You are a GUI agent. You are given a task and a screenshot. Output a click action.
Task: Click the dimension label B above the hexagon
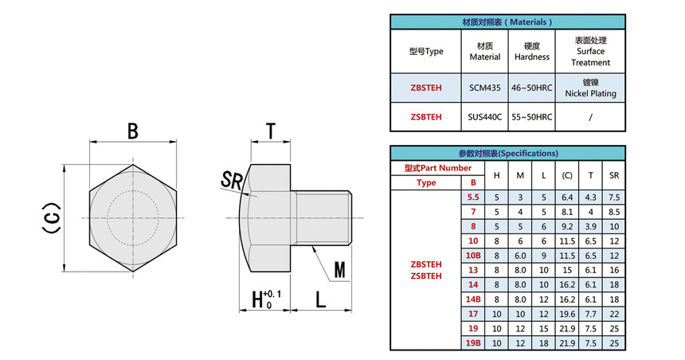pos(134,131)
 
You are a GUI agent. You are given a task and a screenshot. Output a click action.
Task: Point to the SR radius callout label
pos(232,180)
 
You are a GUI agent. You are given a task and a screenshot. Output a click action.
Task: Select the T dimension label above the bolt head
pos(271,131)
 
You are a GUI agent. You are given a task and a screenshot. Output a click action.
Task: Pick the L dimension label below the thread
pos(320,301)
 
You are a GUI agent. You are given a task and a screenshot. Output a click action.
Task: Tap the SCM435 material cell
pos(484,88)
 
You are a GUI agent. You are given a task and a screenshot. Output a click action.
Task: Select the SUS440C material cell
pos(484,117)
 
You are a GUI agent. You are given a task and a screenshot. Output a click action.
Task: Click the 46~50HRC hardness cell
pos(532,88)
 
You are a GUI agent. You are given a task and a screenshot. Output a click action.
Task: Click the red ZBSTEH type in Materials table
pos(426,88)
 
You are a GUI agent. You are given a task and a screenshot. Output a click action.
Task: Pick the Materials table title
pos(507,22)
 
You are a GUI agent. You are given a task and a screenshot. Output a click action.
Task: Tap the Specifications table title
pos(507,153)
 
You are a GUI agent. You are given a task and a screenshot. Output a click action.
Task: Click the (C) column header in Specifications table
pos(567,175)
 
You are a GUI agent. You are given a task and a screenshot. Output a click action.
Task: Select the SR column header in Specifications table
pos(613,175)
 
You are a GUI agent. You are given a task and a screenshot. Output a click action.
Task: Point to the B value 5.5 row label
pos(473,197)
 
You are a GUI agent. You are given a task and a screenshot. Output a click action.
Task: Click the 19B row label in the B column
pos(473,342)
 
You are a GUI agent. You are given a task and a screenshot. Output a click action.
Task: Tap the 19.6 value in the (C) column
pos(567,314)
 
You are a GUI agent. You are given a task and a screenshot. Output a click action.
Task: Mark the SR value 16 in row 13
pos(613,270)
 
